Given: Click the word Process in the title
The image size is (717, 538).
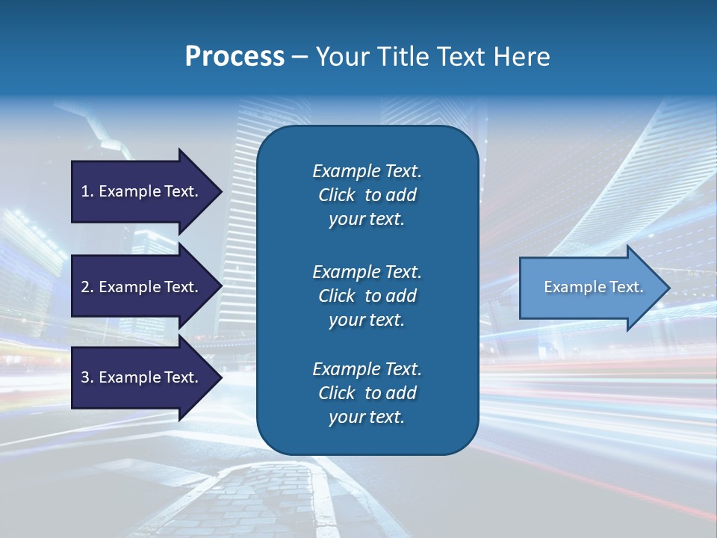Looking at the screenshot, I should [x=235, y=57].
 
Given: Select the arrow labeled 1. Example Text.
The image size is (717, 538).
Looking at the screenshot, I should [x=142, y=191].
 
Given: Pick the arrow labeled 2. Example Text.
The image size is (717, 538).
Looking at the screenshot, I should [x=142, y=287].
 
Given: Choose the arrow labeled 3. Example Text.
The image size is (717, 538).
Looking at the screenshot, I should [x=142, y=377].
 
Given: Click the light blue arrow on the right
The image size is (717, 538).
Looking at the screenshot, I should [x=590, y=287].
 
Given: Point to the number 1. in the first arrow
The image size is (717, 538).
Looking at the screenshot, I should [x=87, y=191].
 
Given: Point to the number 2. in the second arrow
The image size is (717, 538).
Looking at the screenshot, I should [x=87, y=287].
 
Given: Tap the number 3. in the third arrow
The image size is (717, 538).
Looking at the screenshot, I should [x=87, y=377].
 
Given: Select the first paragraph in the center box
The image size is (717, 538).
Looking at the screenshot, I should [x=367, y=195].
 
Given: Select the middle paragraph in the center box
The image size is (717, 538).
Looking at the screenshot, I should [x=367, y=296].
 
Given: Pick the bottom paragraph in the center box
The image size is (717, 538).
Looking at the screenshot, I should [x=367, y=393].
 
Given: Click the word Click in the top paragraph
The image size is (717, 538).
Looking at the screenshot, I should [x=337, y=195].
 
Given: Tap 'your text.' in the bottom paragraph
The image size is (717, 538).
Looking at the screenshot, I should [x=367, y=417].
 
